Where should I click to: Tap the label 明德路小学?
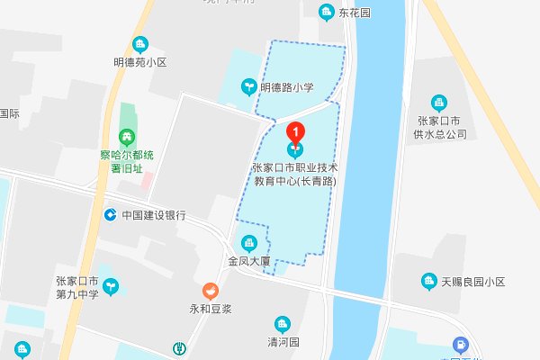(x=286, y=87)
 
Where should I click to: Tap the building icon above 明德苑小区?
(x=139, y=44)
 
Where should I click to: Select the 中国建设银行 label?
(x=153, y=215)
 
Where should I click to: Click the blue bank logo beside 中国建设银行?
(x=110, y=215)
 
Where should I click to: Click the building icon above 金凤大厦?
(x=249, y=243)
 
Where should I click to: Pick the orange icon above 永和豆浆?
(x=210, y=292)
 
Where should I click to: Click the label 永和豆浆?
(x=210, y=309)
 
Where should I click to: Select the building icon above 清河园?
(x=283, y=323)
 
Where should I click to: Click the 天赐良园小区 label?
(x=474, y=283)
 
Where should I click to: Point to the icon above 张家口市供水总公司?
(x=438, y=103)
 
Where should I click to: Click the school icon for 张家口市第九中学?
(x=112, y=286)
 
